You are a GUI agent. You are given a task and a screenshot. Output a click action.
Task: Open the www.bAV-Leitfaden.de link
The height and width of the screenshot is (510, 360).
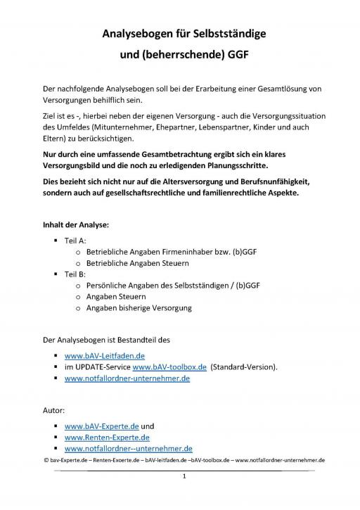point(104,356)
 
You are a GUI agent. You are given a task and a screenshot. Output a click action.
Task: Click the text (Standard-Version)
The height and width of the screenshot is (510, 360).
point(245,367)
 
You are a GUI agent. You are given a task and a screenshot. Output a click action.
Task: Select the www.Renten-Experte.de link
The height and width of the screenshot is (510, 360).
point(107,437)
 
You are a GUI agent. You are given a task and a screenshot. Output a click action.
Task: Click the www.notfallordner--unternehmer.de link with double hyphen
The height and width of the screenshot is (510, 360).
point(129,448)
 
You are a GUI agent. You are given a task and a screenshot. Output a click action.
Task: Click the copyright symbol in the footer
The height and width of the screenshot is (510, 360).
point(45,460)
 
